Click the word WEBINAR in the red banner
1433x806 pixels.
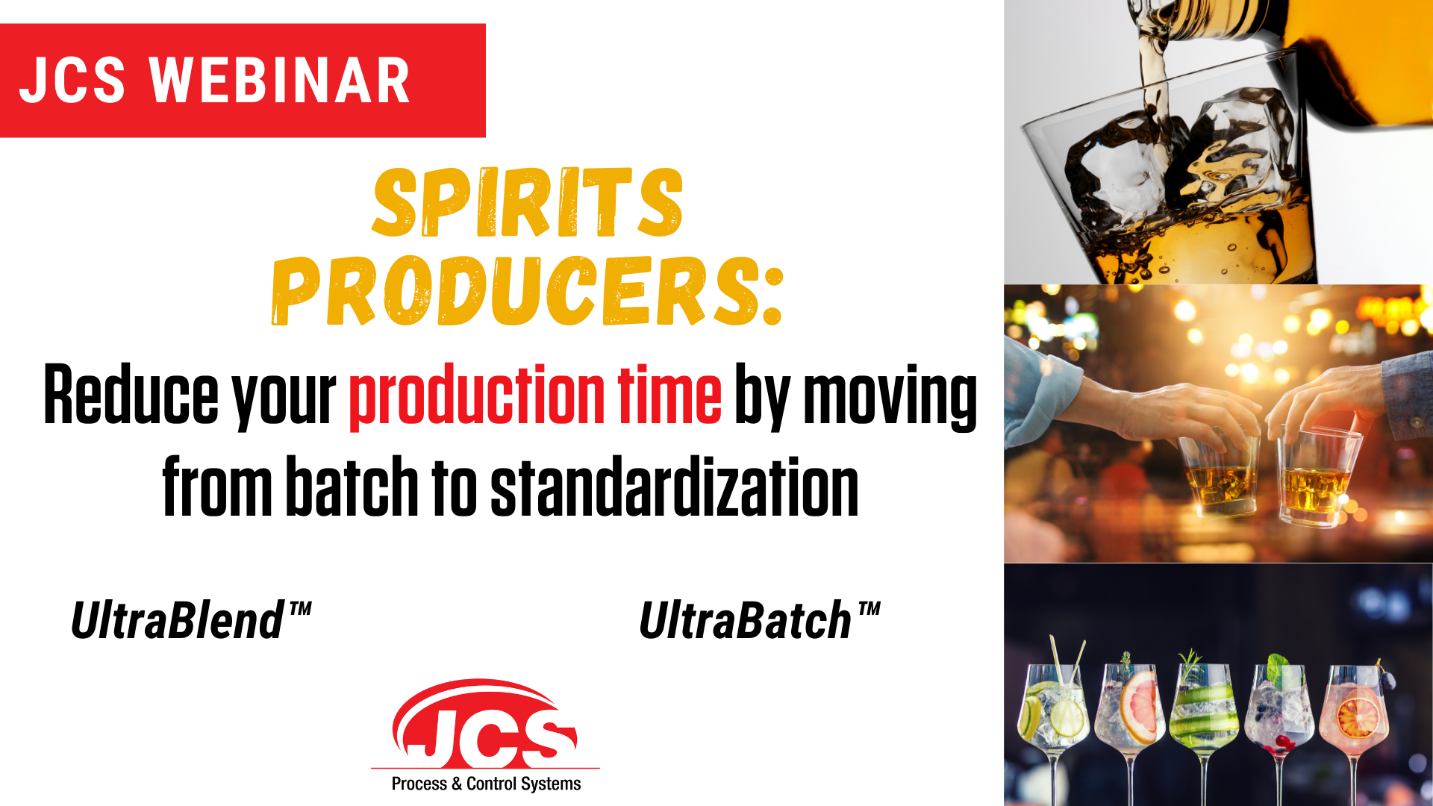pyautogui.click(x=280, y=80)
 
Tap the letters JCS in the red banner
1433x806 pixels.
pyautogui.click(x=72, y=80)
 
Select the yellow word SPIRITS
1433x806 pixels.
pyautogui.click(x=528, y=202)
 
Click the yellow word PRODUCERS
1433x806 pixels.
pyautogui.click(x=516, y=291)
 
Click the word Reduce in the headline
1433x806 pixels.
pyautogui.click(x=131, y=395)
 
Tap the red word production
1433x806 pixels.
pyautogui.click(x=477, y=395)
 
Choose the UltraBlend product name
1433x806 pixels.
pyautogui.click(x=190, y=620)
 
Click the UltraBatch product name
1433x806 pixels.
pyautogui.click(x=759, y=620)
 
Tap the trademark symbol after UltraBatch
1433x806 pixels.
pyautogui.click(x=868, y=611)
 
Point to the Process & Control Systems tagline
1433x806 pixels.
pyautogui.click(x=486, y=784)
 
